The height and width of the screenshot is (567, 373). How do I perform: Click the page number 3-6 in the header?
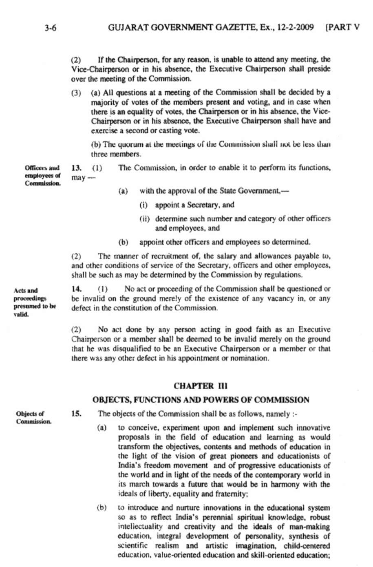[x=51, y=28]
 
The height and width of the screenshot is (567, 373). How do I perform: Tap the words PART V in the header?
[x=344, y=28]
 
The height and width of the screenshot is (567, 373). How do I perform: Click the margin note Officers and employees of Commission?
[x=42, y=176]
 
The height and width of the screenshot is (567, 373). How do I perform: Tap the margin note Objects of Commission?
[x=33, y=418]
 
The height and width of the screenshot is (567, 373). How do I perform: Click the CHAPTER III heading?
[x=200, y=386]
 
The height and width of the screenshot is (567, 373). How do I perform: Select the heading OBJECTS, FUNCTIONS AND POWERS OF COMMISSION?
[x=201, y=400]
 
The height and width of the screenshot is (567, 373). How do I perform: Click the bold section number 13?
[x=76, y=168]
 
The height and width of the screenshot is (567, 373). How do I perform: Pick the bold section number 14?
[x=76, y=289]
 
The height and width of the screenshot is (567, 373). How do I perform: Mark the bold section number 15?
[x=76, y=414]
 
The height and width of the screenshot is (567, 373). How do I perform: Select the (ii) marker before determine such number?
[x=145, y=219]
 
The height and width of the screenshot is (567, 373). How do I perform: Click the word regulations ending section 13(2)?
[x=286, y=275]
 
